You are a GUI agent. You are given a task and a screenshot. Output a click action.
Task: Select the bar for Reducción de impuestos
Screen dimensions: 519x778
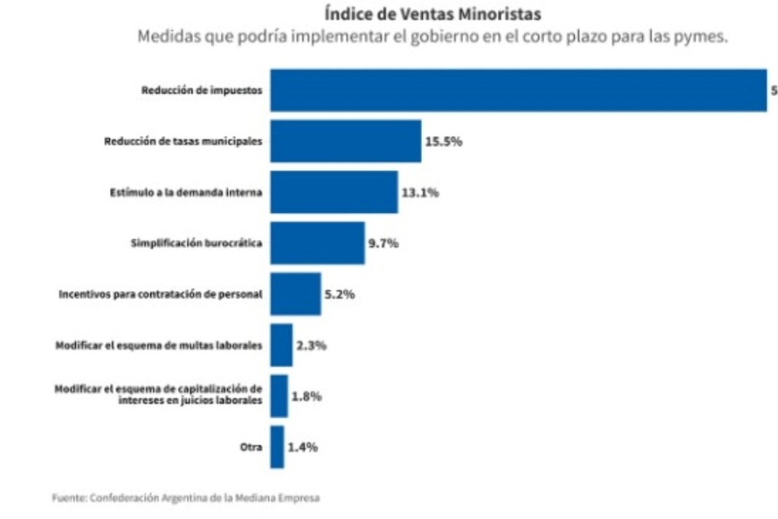[519, 90]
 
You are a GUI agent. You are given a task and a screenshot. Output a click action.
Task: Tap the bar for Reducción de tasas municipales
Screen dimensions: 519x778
[345, 141]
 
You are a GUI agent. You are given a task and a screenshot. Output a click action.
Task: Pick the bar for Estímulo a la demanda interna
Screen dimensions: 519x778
[334, 192]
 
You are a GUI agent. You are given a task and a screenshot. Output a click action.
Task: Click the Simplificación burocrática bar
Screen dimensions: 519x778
[317, 242]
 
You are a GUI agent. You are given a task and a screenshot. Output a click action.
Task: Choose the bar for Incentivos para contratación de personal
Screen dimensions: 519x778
[295, 294]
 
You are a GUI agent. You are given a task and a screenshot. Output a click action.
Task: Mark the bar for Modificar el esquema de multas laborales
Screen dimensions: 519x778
[281, 345]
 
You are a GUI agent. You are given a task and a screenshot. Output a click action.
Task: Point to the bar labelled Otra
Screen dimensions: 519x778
[277, 447]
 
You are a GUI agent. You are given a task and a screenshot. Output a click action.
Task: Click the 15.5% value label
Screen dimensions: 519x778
[443, 142]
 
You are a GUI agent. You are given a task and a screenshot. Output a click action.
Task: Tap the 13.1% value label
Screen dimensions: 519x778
[419, 192]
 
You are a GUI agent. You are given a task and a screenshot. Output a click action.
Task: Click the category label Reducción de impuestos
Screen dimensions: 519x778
[201, 90]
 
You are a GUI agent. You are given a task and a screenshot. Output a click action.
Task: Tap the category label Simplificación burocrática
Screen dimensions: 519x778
[197, 243]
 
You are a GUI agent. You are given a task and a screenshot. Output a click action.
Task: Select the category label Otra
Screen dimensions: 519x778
[251, 447]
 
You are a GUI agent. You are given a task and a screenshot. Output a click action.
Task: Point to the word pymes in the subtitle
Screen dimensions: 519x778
[703, 38]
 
